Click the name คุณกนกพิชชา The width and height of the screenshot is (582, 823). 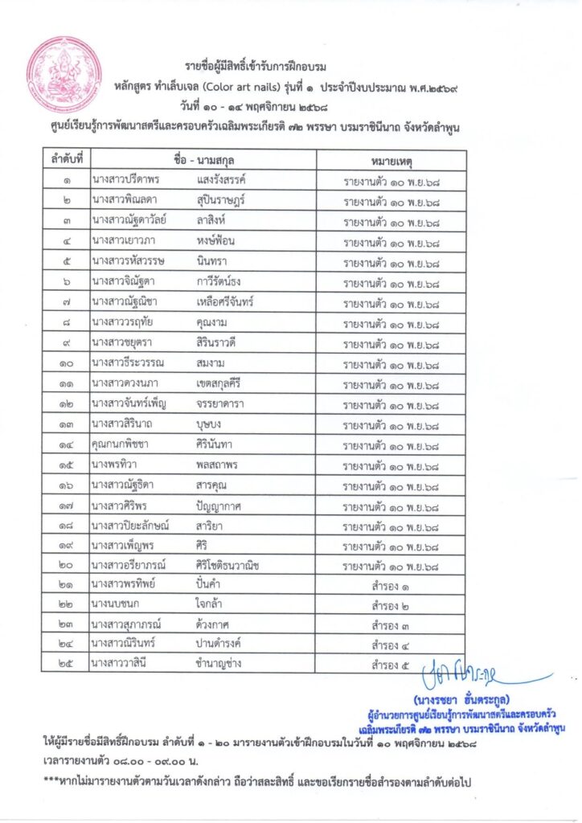tap(124, 445)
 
